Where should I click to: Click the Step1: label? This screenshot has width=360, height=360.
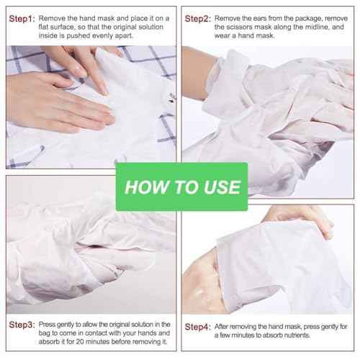pyautogui.click(x=21, y=17)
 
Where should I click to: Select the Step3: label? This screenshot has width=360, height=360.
pyautogui.click(x=21, y=325)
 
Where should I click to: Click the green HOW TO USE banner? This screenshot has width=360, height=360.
pyautogui.click(x=182, y=187)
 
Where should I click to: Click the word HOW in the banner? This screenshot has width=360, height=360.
pyautogui.click(x=142, y=187)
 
